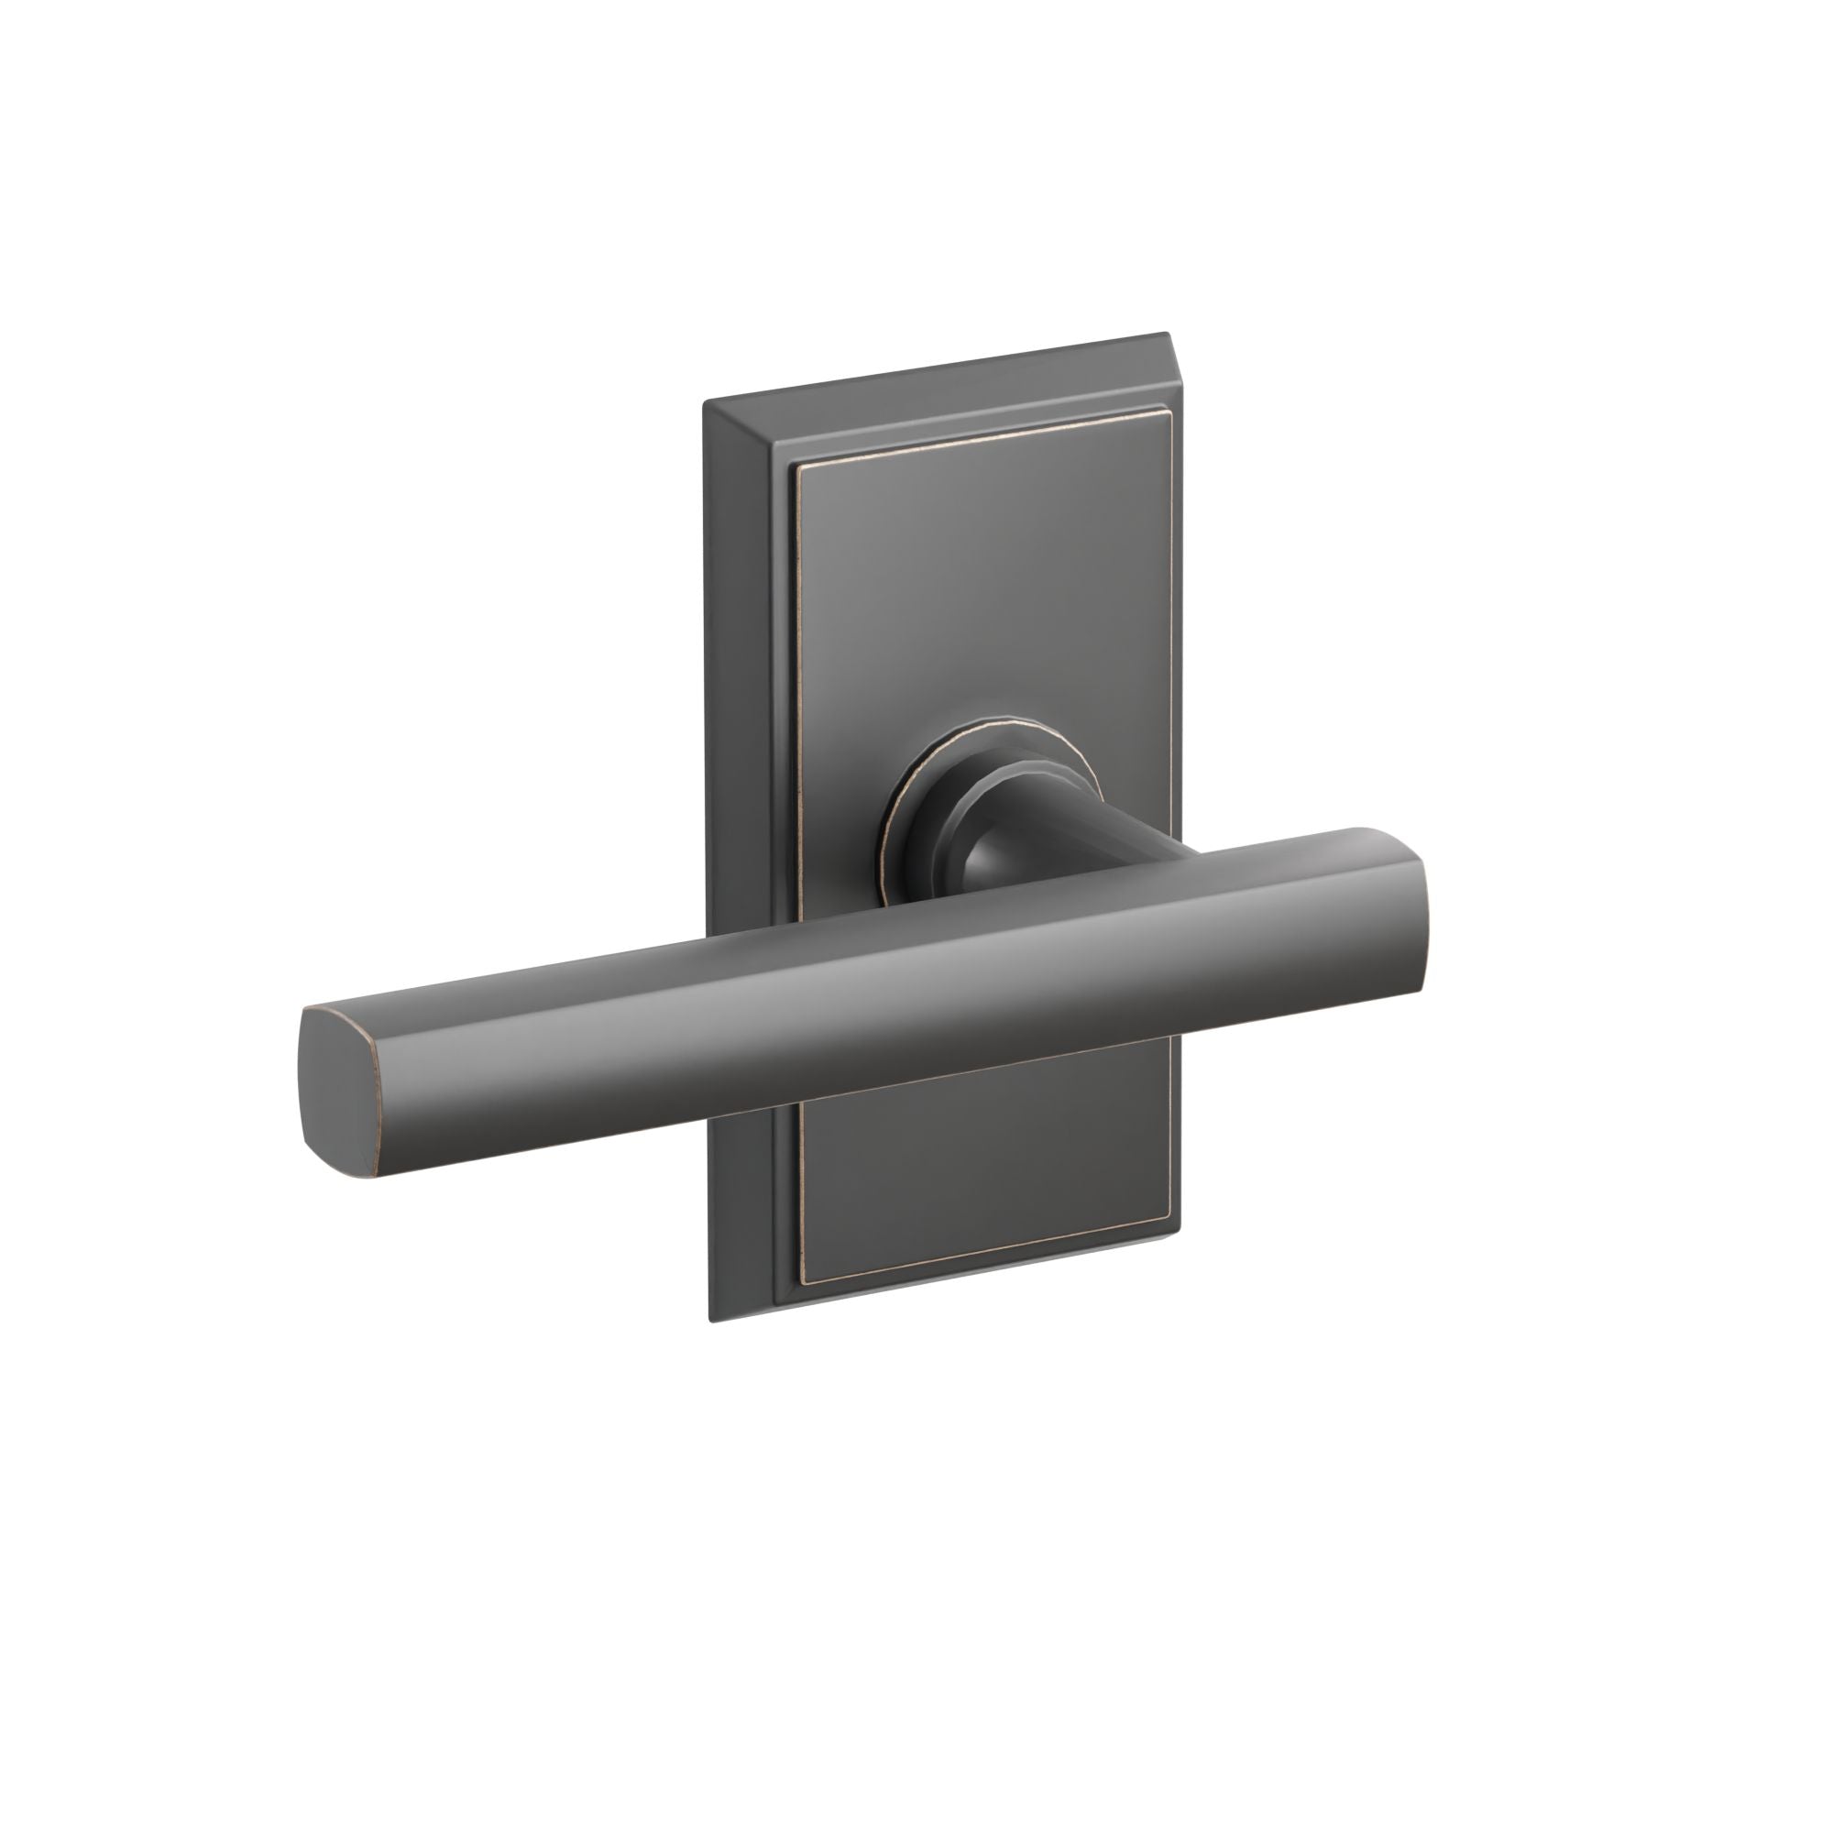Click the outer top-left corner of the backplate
(704, 404)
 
